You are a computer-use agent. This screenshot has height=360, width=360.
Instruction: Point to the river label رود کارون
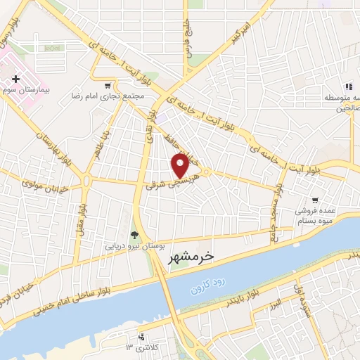211,285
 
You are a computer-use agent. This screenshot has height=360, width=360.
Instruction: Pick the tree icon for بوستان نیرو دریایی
134,235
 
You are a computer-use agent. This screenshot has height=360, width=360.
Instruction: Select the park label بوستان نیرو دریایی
134,247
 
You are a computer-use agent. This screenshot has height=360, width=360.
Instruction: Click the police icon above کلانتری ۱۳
143,337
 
